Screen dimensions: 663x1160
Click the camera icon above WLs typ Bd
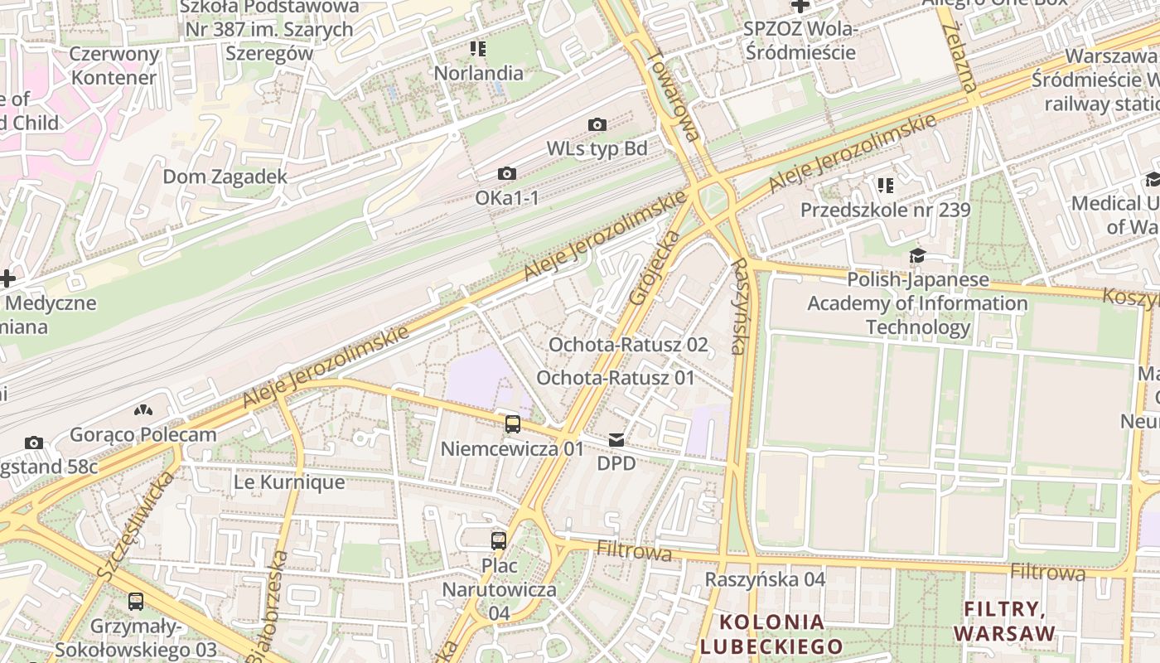tap(597, 125)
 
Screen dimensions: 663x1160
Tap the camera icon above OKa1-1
tap(506, 174)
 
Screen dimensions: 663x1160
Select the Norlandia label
tap(479, 73)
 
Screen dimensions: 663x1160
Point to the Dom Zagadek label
tap(225, 177)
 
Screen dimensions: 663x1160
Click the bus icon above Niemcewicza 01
tap(513, 424)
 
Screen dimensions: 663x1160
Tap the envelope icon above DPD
tap(616, 440)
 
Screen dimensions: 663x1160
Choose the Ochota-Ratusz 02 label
tap(628, 345)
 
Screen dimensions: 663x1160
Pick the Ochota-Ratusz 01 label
tap(615, 378)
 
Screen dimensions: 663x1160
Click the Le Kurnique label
tap(277, 482)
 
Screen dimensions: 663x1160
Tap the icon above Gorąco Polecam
tap(143, 410)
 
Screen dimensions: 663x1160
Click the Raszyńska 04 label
tap(765, 579)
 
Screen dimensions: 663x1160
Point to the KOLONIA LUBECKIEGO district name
tap(771, 634)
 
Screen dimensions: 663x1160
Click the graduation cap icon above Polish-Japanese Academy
tap(917, 255)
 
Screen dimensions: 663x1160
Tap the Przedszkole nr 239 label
tap(885, 211)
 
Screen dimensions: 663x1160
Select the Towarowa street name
tap(674, 95)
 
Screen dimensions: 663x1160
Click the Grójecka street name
tap(655, 267)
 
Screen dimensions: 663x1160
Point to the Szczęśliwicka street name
tap(135, 526)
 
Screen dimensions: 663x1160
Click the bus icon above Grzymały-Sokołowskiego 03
tap(136, 602)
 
